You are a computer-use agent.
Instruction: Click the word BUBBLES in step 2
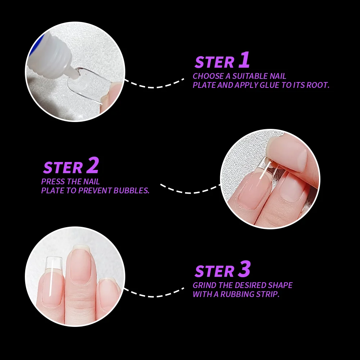[x=131, y=190]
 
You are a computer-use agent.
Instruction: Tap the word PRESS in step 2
[x=52, y=181]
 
